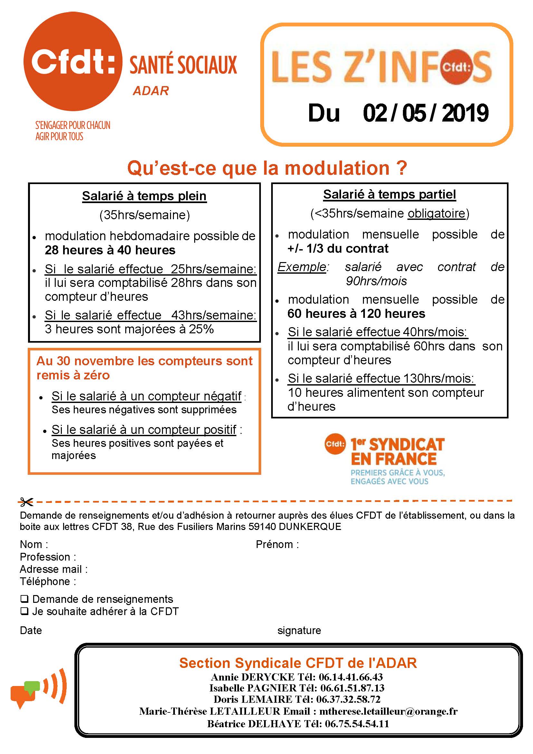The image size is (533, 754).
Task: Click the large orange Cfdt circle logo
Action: point(72,62)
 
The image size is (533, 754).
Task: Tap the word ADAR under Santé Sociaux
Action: point(151,91)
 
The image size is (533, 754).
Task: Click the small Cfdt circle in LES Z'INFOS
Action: point(457,67)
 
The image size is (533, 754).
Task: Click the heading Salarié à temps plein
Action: point(144,196)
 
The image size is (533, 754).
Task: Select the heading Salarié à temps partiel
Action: point(389,194)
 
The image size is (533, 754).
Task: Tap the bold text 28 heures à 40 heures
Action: point(110,250)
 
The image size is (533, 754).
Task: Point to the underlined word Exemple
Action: point(302,267)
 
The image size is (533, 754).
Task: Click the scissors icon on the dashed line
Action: point(26,502)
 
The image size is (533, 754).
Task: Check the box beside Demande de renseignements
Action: point(24,599)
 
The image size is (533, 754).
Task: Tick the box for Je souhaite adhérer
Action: point(24,612)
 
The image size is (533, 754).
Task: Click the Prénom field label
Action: point(277,544)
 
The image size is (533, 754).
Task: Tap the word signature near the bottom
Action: point(299,631)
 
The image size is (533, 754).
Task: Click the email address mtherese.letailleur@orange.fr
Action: point(388,711)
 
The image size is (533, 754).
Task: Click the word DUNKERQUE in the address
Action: point(309,527)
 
